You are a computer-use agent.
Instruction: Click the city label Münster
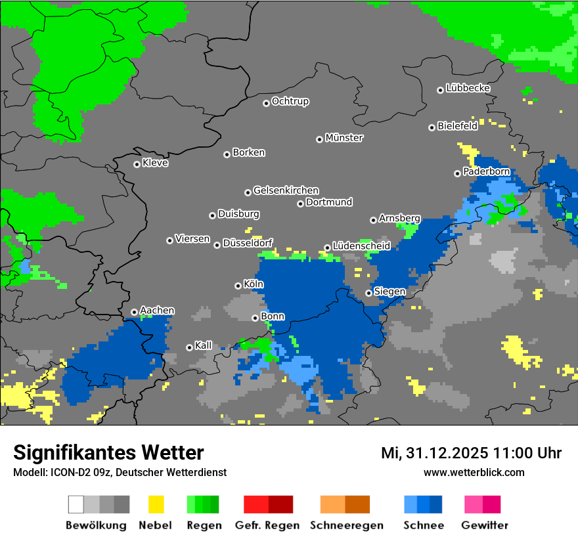(344, 138)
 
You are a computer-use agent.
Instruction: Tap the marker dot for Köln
(238, 286)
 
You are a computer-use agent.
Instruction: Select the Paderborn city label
(487, 171)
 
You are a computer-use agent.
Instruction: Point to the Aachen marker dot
(134, 312)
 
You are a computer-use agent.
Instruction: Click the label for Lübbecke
(468, 88)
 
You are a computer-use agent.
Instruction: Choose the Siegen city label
(389, 292)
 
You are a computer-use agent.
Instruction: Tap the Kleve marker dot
(137, 164)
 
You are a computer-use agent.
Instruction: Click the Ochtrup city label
(290, 102)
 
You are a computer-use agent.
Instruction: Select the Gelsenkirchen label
(286, 190)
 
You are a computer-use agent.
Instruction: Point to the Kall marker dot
(189, 347)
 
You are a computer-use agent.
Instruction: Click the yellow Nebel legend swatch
(156, 504)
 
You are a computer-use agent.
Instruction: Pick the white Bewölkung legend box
(76, 504)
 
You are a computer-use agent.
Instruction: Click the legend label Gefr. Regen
(267, 525)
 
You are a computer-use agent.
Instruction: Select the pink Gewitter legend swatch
(474, 504)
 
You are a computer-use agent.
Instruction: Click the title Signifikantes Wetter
(108, 452)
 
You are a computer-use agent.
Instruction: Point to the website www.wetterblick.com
(474, 472)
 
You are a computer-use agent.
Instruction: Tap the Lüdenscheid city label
(361, 246)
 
